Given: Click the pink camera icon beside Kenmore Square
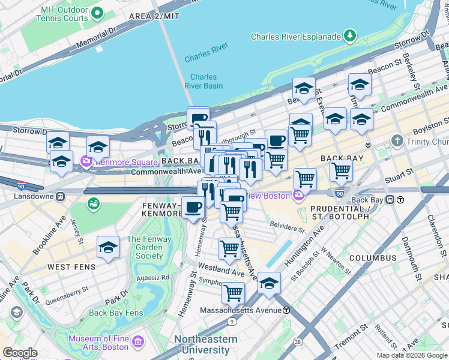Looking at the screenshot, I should tap(85, 161).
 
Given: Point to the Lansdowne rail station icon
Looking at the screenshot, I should tap(61, 196).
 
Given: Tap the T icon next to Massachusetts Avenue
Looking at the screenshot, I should tap(287, 310).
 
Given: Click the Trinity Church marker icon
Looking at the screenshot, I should tap(396, 141).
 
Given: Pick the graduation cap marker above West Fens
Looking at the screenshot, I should tap(108, 247).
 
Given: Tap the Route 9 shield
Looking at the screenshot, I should tap(232, 322).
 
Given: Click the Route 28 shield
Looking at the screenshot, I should tap(298, 341).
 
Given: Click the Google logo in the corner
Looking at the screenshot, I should tap(20, 353).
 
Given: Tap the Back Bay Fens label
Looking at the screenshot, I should tap(116, 313).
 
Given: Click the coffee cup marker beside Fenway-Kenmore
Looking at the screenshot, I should tap(192, 208).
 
